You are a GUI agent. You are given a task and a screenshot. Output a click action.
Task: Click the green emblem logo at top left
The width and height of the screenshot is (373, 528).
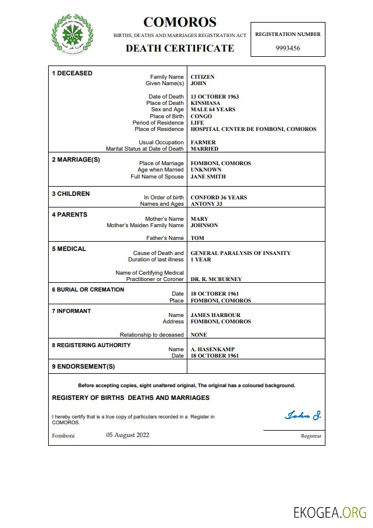click(x=73, y=35)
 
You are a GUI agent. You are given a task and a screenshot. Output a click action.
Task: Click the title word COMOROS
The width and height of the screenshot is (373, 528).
click(x=180, y=22)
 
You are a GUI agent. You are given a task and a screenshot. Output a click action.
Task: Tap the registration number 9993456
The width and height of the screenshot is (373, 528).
click(x=287, y=49)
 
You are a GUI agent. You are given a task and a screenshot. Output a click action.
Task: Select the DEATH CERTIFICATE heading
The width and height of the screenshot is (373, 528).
click(x=180, y=49)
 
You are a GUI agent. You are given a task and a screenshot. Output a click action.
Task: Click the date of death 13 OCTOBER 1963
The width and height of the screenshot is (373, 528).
click(x=215, y=97)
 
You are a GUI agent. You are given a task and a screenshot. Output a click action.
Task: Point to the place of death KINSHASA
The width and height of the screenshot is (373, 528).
click(x=205, y=103)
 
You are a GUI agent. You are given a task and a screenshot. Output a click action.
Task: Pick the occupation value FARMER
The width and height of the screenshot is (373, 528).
click(x=203, y=143)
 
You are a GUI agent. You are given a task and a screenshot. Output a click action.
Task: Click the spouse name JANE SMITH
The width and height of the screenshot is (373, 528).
click(x=208, y=177)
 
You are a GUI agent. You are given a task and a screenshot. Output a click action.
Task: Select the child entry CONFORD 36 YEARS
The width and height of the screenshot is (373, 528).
click(x=219, y=198)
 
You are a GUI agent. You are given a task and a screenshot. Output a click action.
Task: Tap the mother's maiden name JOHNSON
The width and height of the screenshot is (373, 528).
click(x=204, y=225)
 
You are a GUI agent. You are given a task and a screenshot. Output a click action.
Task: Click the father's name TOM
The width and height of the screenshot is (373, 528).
click(x=197, y=238)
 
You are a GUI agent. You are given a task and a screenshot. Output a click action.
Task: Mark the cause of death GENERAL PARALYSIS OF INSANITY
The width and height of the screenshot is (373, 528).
click(x=241, y=253)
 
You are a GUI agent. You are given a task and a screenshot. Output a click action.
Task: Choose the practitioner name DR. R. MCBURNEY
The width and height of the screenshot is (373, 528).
click(x=216, y=279)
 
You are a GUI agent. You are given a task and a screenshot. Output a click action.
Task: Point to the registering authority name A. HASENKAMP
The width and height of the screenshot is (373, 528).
click(x=213, y=349)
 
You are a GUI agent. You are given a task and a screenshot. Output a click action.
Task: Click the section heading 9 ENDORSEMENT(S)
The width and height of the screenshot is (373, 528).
click(x=84, y=367)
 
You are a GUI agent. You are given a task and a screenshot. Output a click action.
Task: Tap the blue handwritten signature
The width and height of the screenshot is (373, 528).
click(x=303, y=416)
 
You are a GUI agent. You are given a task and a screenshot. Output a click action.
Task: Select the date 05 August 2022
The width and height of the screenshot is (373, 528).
click(x=128, y=435)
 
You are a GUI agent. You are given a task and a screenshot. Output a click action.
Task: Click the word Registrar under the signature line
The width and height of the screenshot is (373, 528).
click(x=310, y=436)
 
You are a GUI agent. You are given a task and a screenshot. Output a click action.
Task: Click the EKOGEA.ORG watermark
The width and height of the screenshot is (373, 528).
click(x=330, y=512)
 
